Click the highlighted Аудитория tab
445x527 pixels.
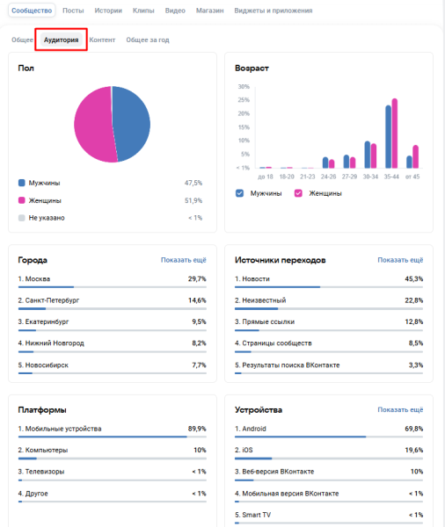point(62,40)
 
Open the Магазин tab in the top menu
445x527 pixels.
point(209,11)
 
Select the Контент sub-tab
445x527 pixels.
point(102,40)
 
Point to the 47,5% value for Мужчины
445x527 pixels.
point(193,183)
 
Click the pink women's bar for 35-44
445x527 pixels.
point(395,133)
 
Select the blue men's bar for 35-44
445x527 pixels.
point(388,137)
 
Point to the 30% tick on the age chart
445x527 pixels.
point(244,87)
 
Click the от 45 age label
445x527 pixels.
point(412,177)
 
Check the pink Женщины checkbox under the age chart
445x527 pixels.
point(299,193)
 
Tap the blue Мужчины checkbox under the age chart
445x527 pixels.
point(240,193)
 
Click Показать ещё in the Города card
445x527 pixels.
point(184,260)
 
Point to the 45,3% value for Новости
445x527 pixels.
point(413,278)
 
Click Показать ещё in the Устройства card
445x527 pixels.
point(400,409)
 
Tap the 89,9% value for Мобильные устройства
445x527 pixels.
point(196,429)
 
